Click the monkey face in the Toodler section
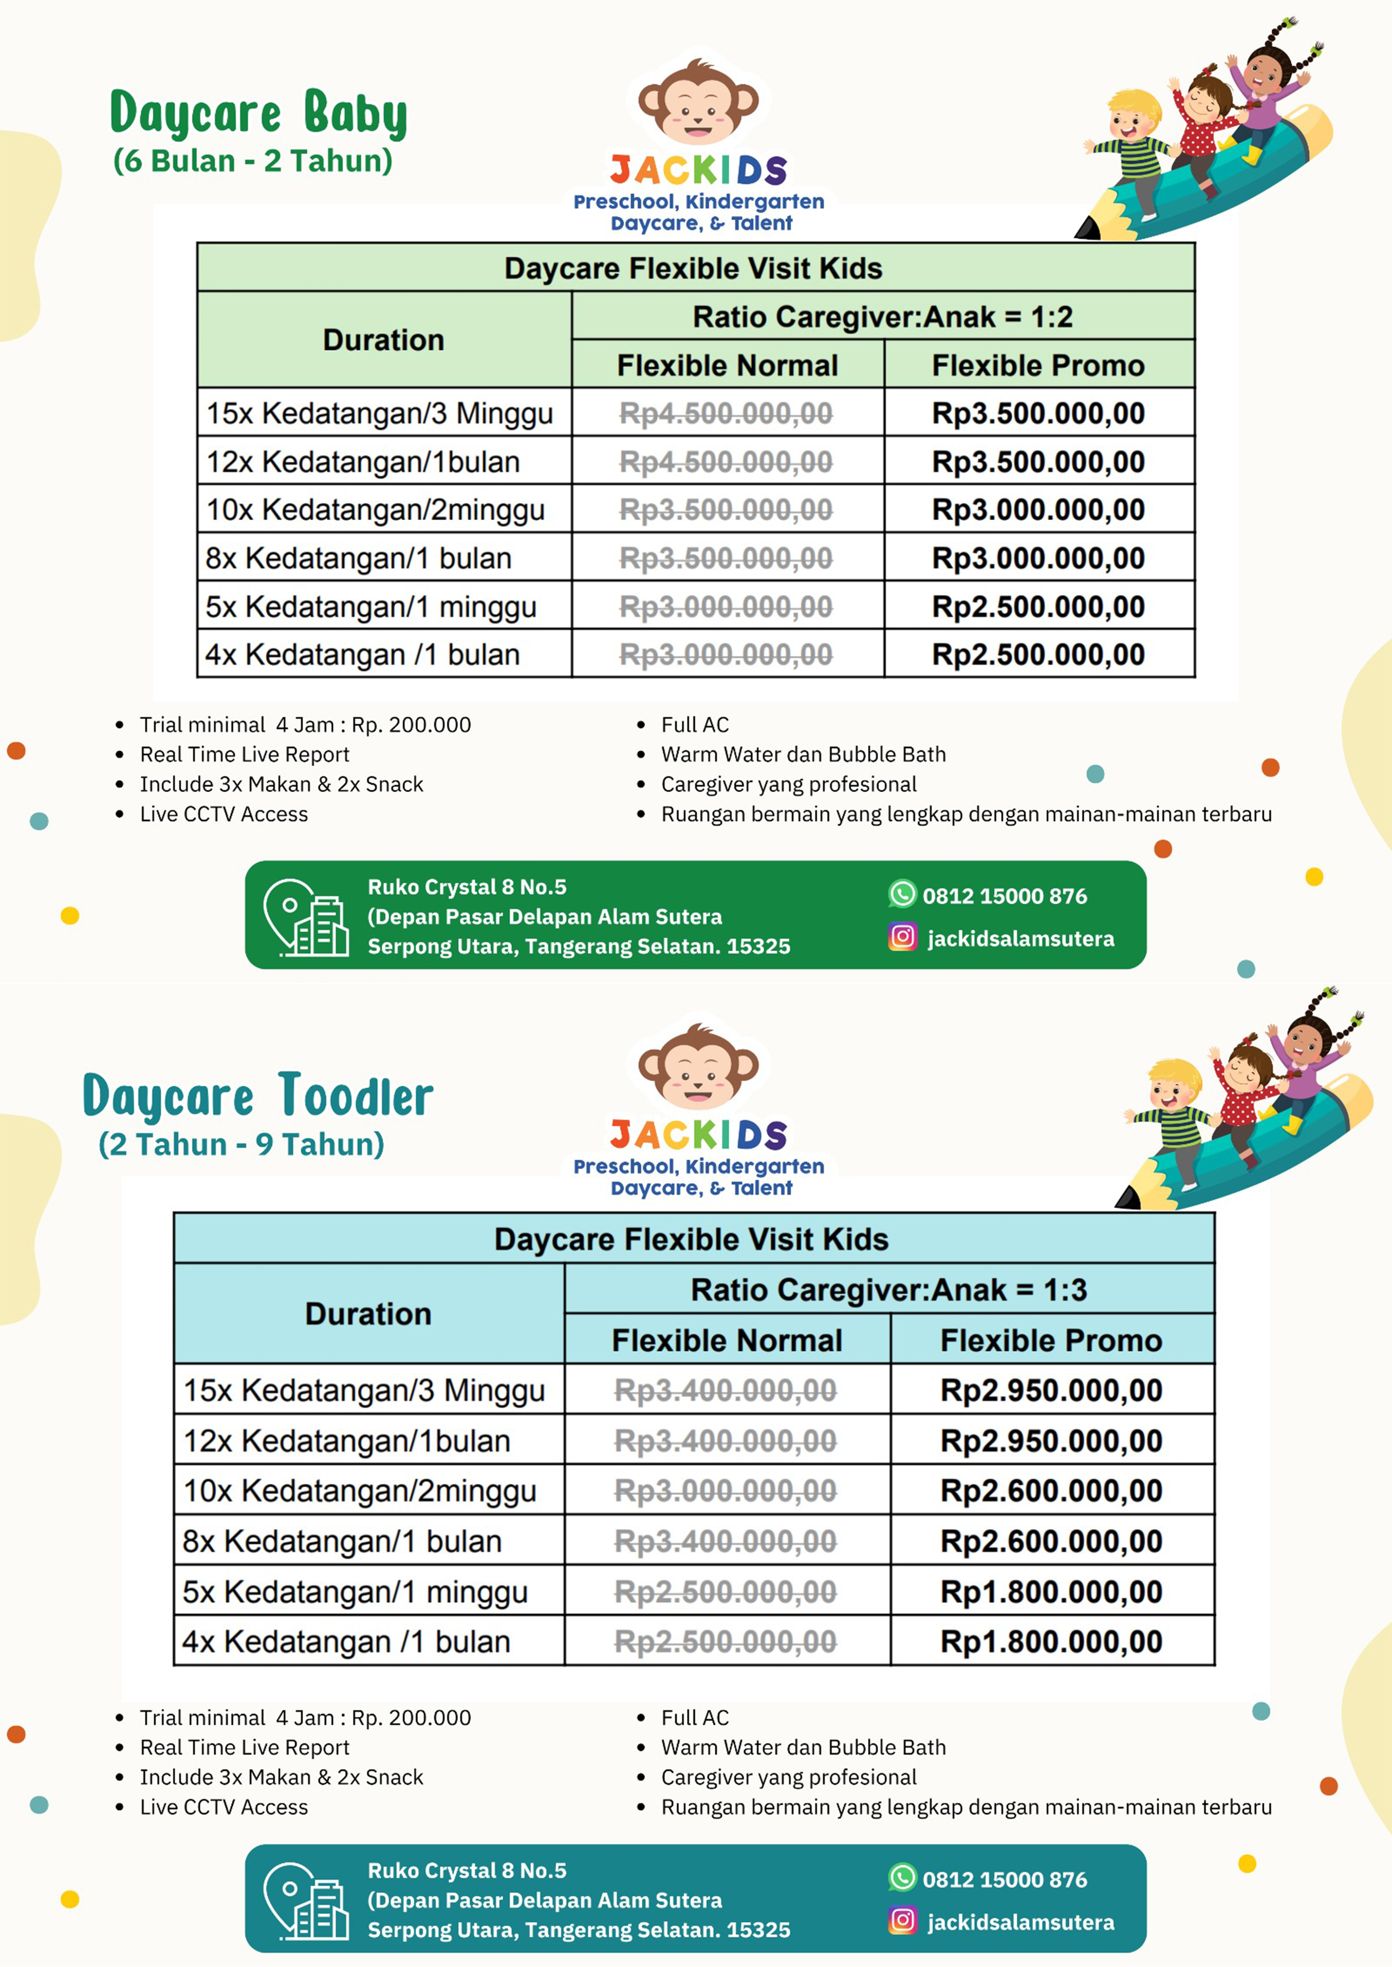point(698,1067)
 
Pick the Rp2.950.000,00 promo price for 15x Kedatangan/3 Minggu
point(1051,1390)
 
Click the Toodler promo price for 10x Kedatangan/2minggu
point(1051,1491)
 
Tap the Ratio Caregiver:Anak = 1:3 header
point(889,1289)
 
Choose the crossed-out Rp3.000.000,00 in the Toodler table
point(725,1491)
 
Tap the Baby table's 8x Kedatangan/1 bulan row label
point(358,559)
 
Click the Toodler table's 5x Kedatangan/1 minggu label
point(355,1592)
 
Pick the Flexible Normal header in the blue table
point(727,1340)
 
